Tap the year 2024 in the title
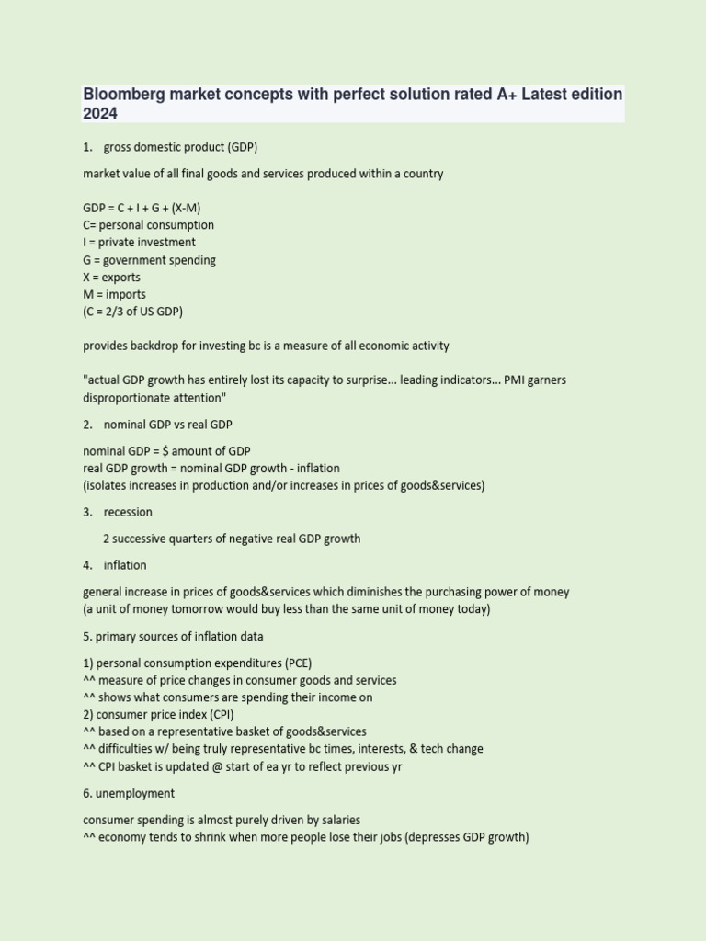100,113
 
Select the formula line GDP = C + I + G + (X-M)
142,208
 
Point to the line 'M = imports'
114,294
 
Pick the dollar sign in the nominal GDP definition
165,450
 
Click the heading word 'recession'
128,511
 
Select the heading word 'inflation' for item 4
125,565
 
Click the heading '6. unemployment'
129,793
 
